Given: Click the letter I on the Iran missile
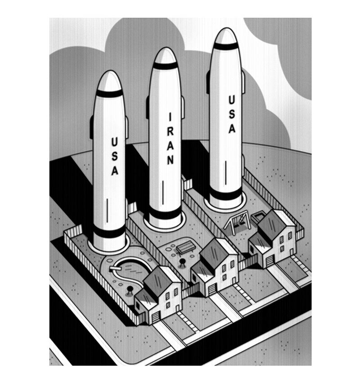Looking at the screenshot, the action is (x=170, y=117).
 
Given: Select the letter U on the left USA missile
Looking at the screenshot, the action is (x=115, y=142).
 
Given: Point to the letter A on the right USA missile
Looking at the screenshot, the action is (x=232, y=129).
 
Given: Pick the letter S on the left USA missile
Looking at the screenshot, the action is (x=115, y=156).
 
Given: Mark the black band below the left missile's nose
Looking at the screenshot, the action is (x=110, y=93).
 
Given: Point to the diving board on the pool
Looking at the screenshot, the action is (x=115, y=269).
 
